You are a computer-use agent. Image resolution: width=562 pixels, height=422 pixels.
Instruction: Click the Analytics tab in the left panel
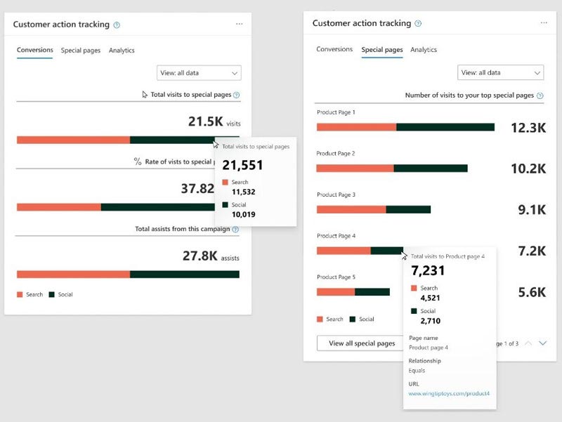click(x=122, y=51)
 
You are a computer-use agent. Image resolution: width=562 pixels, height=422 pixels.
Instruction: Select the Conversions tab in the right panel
click(x=334, y=50)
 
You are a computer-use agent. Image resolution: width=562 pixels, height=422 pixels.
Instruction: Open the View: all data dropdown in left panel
click(x=199, y=72)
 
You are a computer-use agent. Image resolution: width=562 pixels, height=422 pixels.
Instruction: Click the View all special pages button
click(x=362, y=343)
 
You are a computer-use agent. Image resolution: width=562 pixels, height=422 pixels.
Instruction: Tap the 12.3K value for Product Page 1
click(x=528, y=128)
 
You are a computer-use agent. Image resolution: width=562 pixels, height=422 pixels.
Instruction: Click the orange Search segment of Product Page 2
click(x=355, y=169)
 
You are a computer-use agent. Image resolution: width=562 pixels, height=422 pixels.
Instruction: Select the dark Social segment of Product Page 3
click(x=408, y=209)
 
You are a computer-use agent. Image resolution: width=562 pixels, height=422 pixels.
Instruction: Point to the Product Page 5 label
click(x=336, y=277)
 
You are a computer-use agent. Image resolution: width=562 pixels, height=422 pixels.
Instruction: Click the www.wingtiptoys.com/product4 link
click(x=449, y=394)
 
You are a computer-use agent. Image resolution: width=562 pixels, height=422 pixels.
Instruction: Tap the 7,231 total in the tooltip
click(x=428, y=271)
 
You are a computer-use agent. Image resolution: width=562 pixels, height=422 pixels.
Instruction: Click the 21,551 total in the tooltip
click(x=242, y=165)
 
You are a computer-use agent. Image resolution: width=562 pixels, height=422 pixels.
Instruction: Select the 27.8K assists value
click(x=200, y=256)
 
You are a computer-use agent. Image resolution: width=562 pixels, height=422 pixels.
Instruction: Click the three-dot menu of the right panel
click(x=544, y=23)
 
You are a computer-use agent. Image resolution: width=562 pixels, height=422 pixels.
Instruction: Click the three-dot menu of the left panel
click(x=240, y=24)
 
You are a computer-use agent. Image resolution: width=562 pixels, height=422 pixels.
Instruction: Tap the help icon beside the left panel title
click(x=117, y=25)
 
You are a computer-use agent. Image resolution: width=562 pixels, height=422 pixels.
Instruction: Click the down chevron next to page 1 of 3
click(x=542, y=343)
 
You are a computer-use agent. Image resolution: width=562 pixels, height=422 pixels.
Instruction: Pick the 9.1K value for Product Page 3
click(x=532, y=210)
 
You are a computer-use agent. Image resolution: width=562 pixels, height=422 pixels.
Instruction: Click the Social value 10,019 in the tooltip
click(x=243, y=214)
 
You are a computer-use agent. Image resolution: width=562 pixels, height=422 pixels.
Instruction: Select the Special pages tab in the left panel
click(x=80, y=51)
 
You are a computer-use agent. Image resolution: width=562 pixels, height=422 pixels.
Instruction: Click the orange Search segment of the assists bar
click(x=73, y=275)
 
